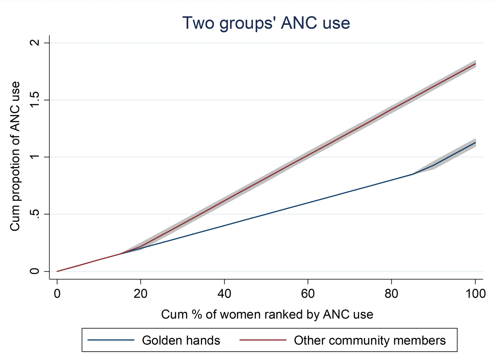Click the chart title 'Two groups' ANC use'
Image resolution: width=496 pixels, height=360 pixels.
267,23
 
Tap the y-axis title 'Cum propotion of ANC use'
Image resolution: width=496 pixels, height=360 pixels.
15,157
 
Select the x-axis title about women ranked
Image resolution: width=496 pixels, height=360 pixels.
267,314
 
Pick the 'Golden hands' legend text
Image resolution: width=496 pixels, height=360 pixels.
181,340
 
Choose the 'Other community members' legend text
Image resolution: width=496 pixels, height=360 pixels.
370,340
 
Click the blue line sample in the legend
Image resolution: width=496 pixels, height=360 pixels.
111,340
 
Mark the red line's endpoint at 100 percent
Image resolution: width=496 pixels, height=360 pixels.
475,64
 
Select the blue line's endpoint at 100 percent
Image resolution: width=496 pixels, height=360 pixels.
475,143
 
